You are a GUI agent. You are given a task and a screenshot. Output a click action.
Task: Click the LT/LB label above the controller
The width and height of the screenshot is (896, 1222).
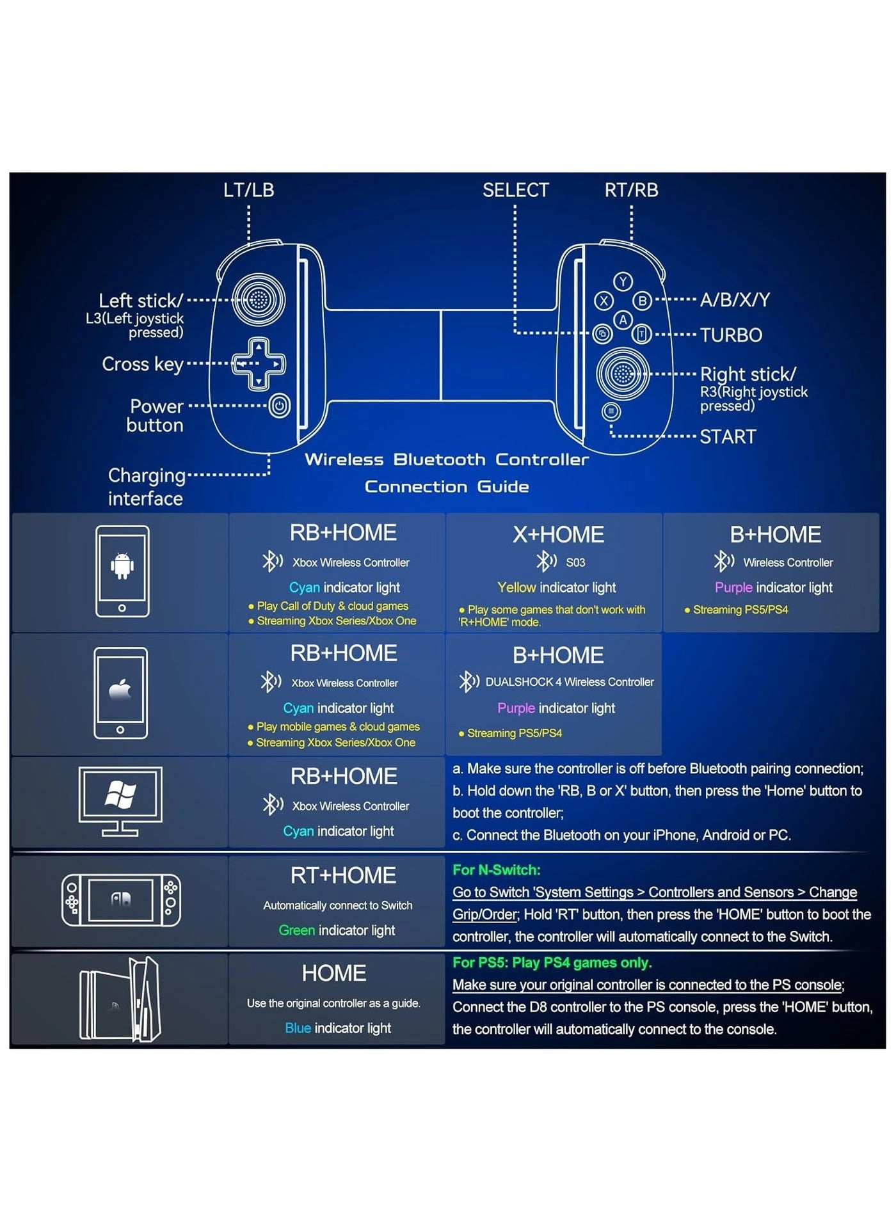coord(248,190)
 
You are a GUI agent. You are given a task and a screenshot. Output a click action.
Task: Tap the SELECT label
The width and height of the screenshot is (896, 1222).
coord(515,190)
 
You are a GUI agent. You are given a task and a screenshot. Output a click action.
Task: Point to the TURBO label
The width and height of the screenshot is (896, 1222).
coord(731,335)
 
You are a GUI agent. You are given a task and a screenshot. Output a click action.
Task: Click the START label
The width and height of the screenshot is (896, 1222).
coord(728,437)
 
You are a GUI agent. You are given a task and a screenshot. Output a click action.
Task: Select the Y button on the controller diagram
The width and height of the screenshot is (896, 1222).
coord(623,282)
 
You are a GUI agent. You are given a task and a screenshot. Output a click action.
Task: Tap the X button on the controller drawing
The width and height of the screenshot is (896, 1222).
coord(604,301)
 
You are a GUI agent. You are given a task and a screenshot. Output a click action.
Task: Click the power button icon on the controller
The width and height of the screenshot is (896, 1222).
coord(280,406)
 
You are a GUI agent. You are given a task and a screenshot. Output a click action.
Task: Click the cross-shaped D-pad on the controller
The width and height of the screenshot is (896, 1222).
coord(259,364)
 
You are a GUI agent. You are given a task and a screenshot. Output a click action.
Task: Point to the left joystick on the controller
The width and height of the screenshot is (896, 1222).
coord(259,299)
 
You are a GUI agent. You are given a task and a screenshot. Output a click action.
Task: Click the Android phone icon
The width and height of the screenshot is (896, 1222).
coord(122,571)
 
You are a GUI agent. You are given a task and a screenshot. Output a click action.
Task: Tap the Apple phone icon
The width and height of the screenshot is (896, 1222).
coord(120,693)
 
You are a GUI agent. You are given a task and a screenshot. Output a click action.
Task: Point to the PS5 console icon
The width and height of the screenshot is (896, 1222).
coord(120,999)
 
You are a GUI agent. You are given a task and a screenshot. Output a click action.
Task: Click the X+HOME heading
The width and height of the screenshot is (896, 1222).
coord(558,535)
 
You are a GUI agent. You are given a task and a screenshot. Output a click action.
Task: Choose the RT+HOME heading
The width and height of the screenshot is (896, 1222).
coord(343,875)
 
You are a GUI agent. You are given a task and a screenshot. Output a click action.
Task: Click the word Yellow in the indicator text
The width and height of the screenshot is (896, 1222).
coord(516,587)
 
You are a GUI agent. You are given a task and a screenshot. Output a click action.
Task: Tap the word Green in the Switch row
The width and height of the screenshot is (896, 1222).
coord(296,930)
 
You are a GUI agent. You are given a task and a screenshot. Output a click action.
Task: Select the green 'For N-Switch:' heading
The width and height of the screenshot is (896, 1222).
coord(496,870)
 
